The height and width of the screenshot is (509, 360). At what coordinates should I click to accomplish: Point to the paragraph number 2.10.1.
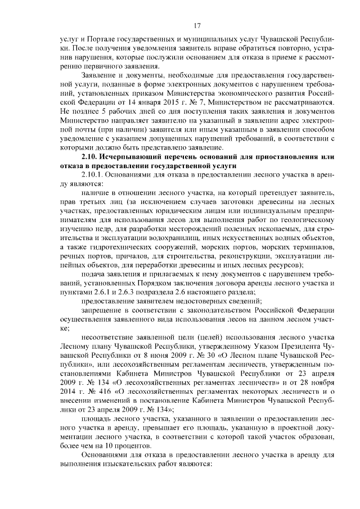[94, 175]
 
